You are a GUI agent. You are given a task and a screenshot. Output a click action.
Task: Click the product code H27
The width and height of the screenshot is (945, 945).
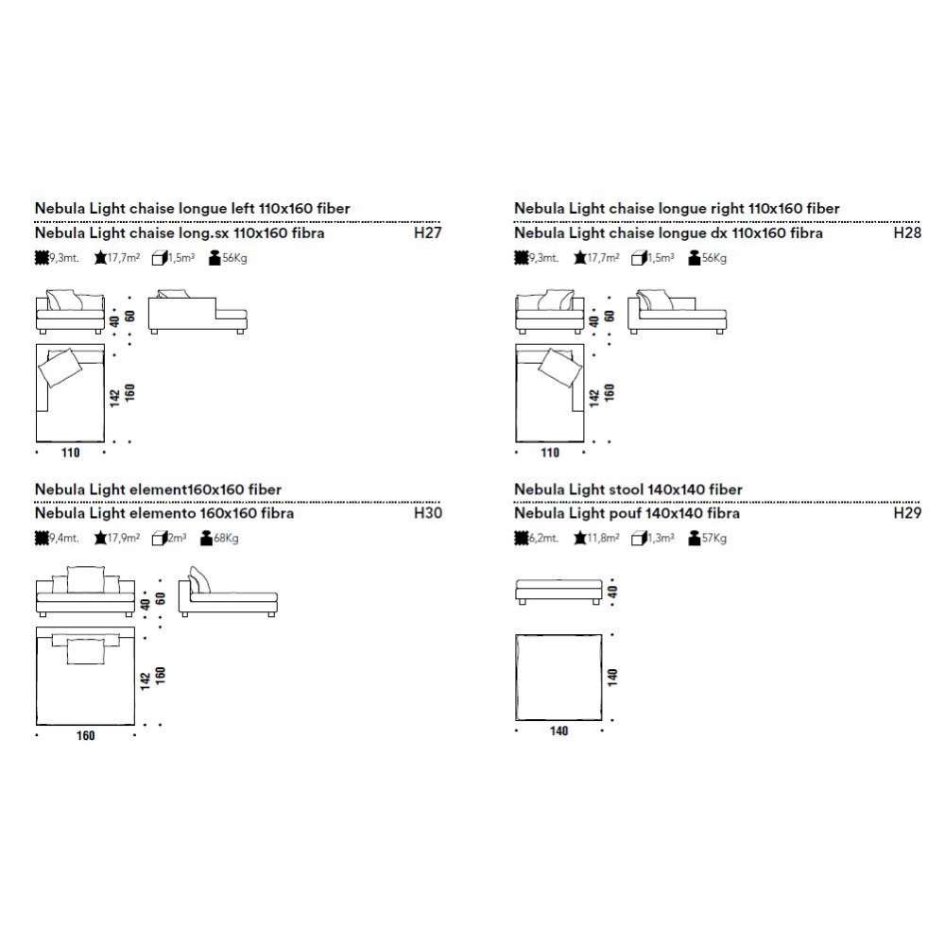click(x=428, y=232)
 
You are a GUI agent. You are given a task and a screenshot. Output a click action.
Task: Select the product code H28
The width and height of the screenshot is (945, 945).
click(x=907, y=232)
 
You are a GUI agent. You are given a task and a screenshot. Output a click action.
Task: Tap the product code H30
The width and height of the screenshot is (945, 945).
click(x=428, y=513)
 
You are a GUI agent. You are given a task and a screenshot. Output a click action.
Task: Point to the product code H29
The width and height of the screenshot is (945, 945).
click(x=907, y=513)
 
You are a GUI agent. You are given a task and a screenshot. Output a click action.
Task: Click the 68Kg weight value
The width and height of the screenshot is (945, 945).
click(x=226, y=539)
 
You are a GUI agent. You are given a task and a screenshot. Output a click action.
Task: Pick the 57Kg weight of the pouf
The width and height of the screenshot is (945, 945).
click(x=714, y=539)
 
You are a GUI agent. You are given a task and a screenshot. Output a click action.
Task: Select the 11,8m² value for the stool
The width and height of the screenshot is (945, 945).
click(x=603, y=539)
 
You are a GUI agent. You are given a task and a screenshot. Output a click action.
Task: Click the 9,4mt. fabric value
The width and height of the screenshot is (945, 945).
click(x=63, y=539)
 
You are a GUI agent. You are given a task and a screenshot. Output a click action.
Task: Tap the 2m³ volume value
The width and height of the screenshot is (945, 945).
click(x=178, y=539)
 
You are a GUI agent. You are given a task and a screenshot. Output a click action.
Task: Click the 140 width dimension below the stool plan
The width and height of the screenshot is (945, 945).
click(x=558, y=731)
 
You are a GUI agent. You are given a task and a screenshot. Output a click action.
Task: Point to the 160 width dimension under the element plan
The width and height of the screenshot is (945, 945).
click(x=86, y=735)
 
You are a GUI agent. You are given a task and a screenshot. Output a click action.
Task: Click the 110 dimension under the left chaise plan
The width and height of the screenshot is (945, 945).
click(x=71, y=453)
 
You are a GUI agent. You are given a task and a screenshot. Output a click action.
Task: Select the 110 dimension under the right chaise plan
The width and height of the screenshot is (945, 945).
click(x=550, y=453)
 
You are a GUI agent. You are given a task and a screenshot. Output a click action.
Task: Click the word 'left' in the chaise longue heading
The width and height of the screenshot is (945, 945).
click(x=243, y=209)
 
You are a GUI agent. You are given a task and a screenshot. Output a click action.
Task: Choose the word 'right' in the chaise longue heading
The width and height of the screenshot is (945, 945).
click(x=728, y=209)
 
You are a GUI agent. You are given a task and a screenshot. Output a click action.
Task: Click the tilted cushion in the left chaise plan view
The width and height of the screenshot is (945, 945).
click(x=60, y=368)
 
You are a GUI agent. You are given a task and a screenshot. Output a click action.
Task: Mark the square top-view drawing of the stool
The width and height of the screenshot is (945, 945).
click(x=558, y=678)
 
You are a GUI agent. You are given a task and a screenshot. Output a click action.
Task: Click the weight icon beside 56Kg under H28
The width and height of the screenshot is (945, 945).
click(x=695, y=258)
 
